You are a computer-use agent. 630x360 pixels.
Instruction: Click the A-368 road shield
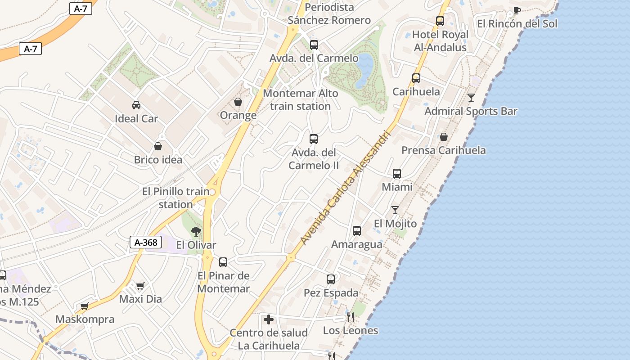pyautogui.click(x=146, y=243)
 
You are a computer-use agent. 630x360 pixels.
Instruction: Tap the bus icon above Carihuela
pyautogui.click(x=416, y=78)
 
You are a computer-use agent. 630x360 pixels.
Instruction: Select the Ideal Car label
pyautogui.click(x=136, y=119)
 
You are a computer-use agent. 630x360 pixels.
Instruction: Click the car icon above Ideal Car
pyautogui.click(x=136, y=105)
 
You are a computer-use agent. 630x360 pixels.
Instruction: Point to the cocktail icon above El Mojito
pyautogui.click(x=395, y=210)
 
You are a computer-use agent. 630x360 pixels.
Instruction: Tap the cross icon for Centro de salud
pyautogui.click(x=269, y=320)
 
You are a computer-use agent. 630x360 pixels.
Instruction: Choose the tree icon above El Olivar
pyautogui.click(x=196, y=232)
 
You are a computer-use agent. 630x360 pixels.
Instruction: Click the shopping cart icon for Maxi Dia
pyautogui.click(x=140, y=286)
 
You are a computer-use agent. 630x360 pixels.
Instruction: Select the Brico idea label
pyautogui.click(x=158, y=160)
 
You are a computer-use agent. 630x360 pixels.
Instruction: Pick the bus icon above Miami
pyautogui.click(x=396, y=174)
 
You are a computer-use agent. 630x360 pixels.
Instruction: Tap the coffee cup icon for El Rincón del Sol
pyautogui.click(x=517, y=11)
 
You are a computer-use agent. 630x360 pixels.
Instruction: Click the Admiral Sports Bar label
pyautogui.click(x=471, y=111)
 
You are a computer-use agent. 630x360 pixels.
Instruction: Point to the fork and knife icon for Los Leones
pyautogui.click(x=351, y=317)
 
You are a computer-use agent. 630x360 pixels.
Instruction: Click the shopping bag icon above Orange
pyautogui.click(x=238, y=102)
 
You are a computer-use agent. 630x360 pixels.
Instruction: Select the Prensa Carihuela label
pyautogui.click(x=443, y=150)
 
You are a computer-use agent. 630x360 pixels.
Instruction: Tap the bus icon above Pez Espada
pyautogui.click(x=331, y=279)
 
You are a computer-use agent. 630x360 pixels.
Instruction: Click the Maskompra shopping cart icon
pyautogui.click(x=84, y=306)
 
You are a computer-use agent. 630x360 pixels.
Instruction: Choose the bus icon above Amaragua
pyautogui.click(x=357, y=231)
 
